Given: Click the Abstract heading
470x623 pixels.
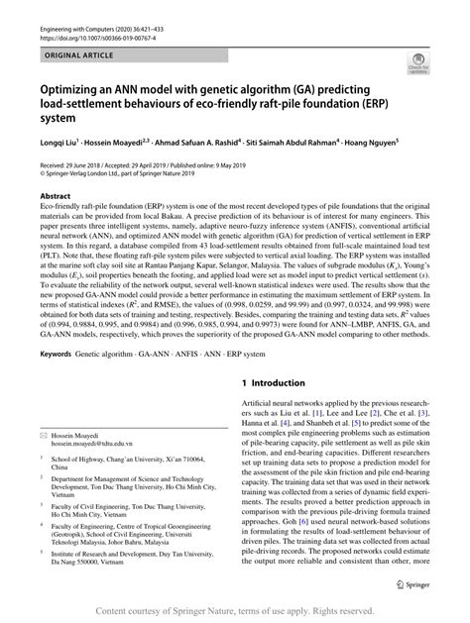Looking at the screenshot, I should point(56,197).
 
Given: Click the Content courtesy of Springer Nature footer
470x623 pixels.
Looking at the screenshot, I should point(235,612).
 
